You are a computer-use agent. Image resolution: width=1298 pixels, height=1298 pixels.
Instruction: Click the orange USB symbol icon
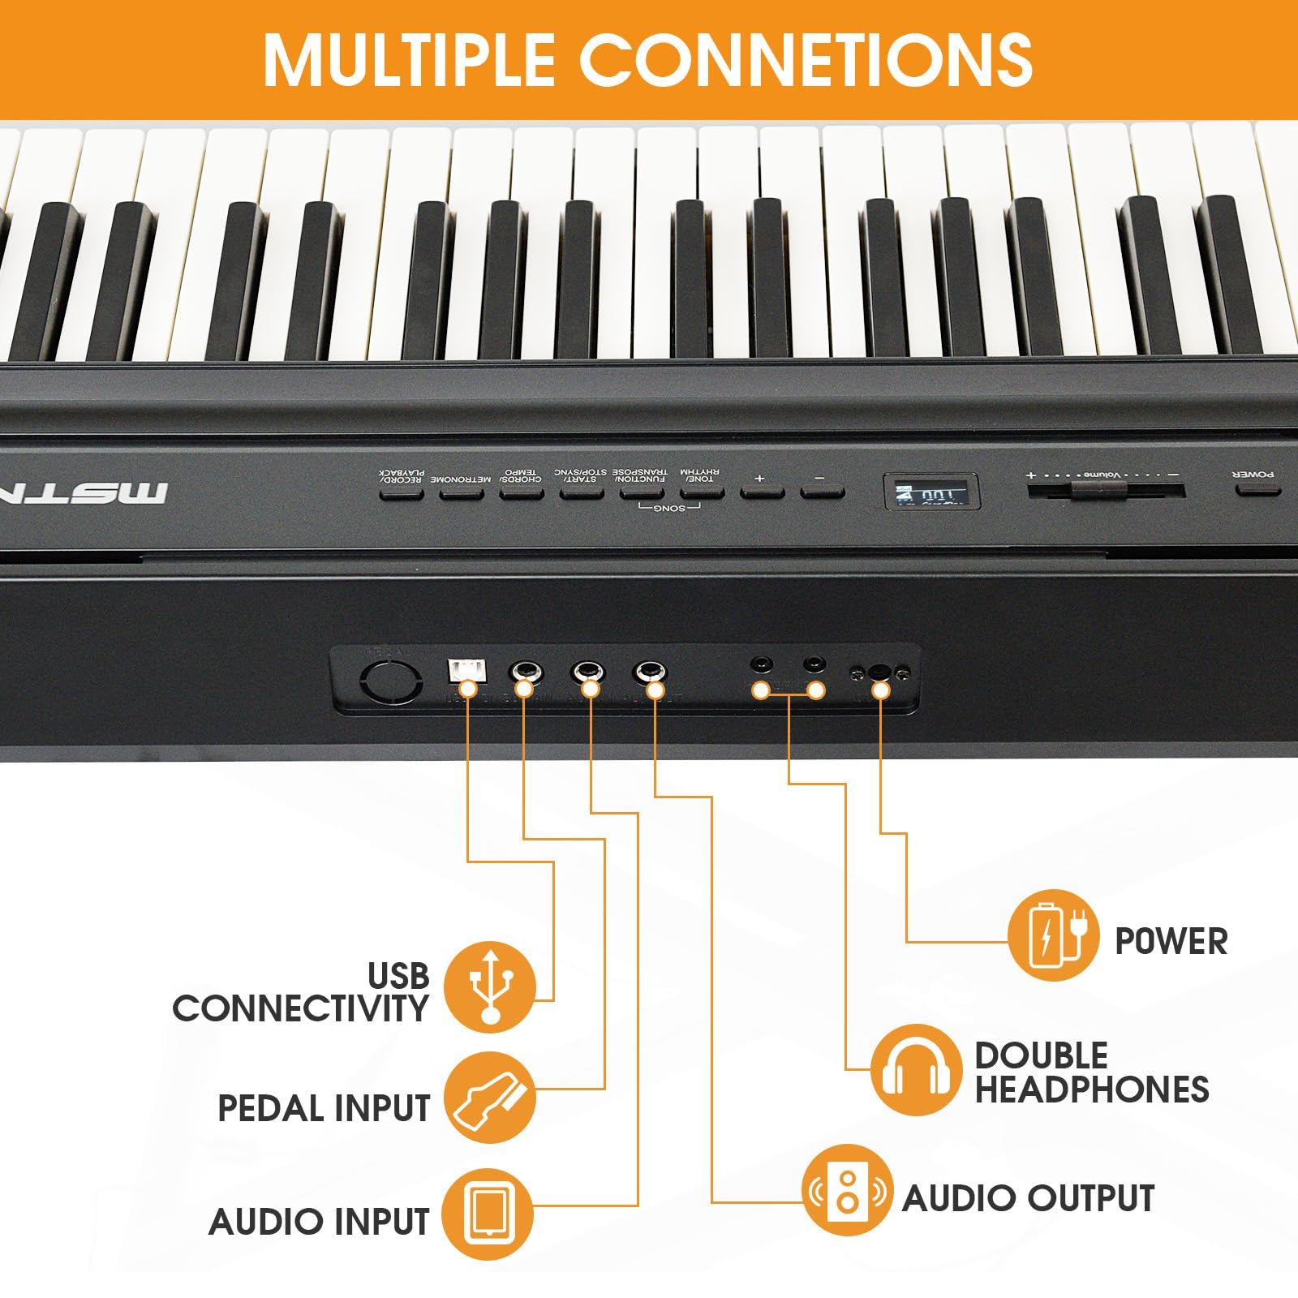point(489,986)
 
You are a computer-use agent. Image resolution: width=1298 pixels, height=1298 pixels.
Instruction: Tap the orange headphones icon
point(916,1069)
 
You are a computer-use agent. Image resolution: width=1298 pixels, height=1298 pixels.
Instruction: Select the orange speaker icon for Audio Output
point(847,1190)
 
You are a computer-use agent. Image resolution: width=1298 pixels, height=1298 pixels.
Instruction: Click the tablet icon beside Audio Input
point(488,1214)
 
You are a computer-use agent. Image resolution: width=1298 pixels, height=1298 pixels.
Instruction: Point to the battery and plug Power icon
point(1053,935)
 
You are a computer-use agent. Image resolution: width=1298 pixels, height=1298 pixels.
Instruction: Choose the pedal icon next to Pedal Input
point(489,1098)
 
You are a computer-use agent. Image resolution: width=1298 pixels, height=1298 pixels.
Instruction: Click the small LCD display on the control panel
point(931,492)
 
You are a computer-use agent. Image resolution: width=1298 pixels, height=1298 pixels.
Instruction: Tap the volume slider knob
point(1098,490)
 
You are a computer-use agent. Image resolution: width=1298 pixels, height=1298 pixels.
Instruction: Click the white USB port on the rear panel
point(466,670)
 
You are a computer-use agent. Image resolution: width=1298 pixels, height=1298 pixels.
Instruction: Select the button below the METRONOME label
point(461,492)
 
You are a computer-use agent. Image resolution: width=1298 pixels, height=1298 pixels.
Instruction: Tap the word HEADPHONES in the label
point(1092,1090)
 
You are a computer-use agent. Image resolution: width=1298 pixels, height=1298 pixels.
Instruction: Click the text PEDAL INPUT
point(324,1108)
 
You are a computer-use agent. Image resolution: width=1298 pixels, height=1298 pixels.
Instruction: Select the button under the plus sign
point(761,492)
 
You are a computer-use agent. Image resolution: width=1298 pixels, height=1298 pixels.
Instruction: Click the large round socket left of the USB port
point(391,681)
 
